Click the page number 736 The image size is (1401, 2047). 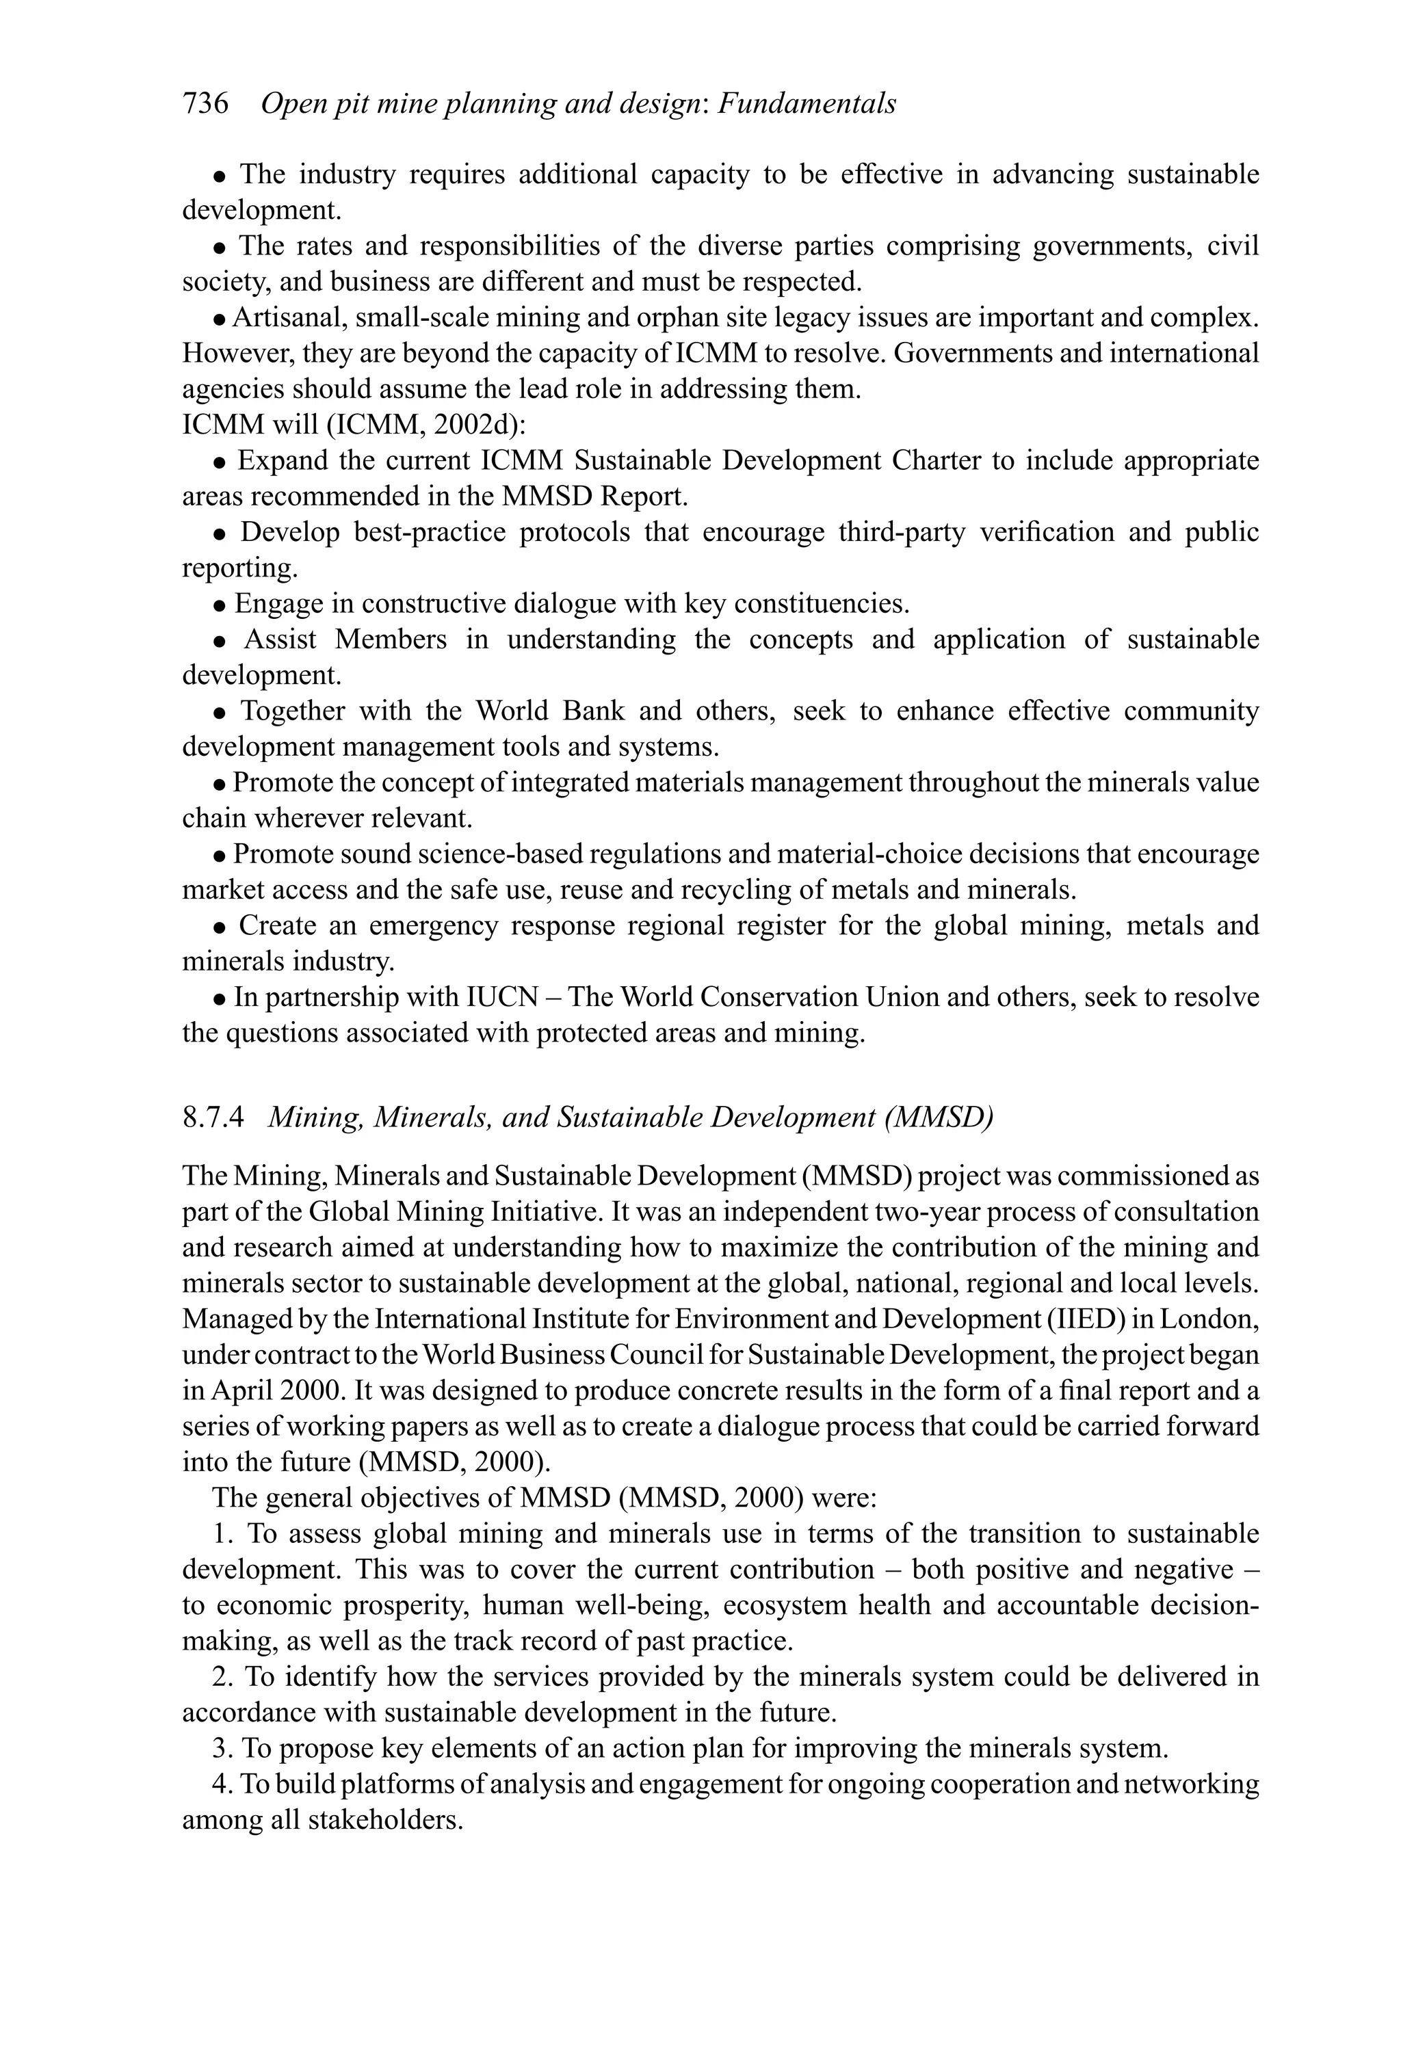pyautogui.click(x=205, y=104)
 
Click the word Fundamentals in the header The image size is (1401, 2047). pyautogui.click(x=807, y=104)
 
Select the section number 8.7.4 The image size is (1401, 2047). pyautogui.click(x=212, y=1118)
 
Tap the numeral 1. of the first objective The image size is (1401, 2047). pyautogui.click(x=222, y=1534)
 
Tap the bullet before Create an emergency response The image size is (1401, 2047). pyautogui.click(x=220, y=927)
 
